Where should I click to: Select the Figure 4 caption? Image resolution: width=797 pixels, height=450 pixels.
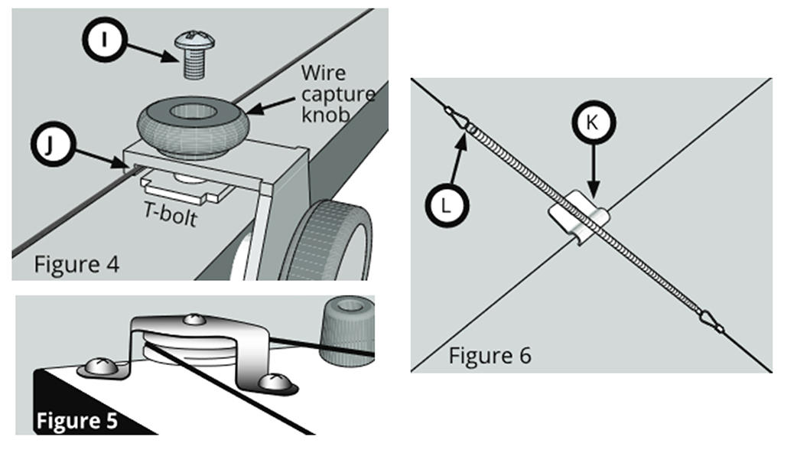coord(76,266)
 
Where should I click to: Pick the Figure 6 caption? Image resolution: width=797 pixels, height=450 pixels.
coord(490,355)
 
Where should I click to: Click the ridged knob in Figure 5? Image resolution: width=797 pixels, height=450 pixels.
coord(349,325)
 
